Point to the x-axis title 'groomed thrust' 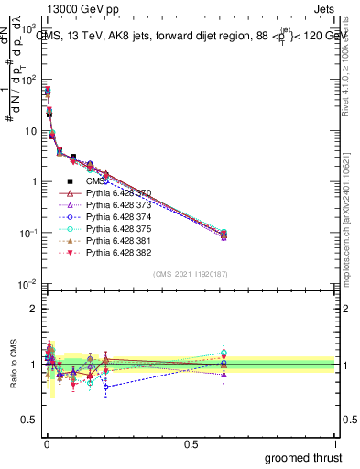pyautogui.click(x=304, y=456)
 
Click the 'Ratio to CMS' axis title pyautogui.click(x=12, y=365)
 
